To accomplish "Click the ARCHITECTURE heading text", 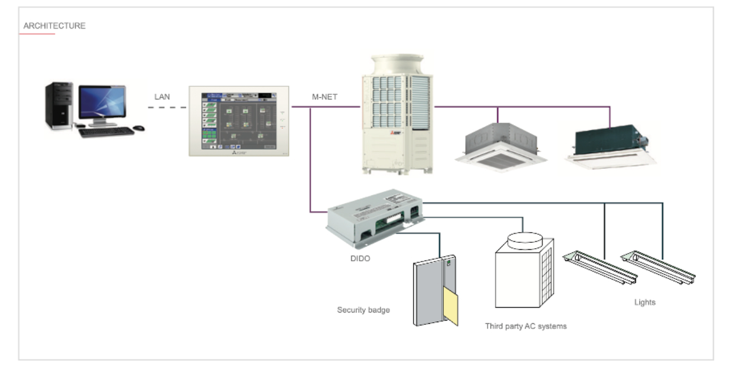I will click(54, 26).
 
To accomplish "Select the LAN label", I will click(162, 96).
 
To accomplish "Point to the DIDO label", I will click(360, 258).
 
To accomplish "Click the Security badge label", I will click(363, 309).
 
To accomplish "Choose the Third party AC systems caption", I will click(526, 326).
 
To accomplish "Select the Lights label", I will click(645, 302).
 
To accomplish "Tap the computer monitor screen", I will click(102, 101).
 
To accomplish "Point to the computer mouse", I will click(138, 128).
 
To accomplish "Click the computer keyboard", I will click(106, 132).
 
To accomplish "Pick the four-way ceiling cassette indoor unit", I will click(501, 144).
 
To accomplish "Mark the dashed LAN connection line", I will click(168, 108).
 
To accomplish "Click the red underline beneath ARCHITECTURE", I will click(37, 34).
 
